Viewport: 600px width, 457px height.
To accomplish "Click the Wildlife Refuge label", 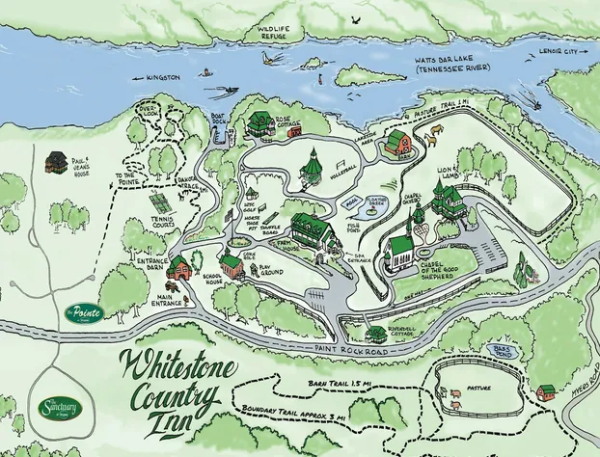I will coord(273,32).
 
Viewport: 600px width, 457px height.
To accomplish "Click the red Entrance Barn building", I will coord(178,271).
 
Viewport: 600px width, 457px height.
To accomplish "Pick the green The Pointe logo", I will coord(83,311).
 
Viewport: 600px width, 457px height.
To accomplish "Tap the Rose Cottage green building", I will coord(261,123).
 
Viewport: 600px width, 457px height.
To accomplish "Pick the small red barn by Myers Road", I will coord(547,391).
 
